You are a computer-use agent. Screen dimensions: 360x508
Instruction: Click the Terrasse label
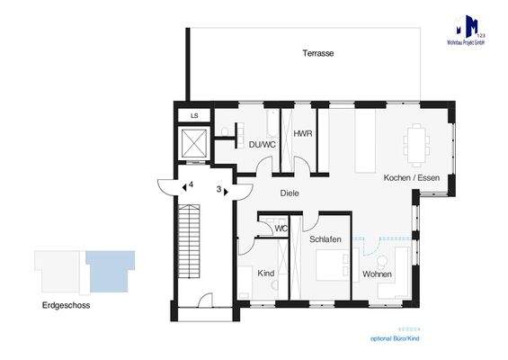(x=318, y=54)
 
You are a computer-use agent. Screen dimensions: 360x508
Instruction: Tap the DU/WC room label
(x=251, y=143)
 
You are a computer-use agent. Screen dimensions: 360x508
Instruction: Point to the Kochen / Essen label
(x=408, y=177)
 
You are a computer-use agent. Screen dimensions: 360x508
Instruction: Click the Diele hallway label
(x=289, y=193)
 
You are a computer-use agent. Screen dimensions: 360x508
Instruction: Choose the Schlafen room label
(x=325, y=240)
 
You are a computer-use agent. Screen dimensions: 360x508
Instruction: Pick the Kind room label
(x=266, y=272)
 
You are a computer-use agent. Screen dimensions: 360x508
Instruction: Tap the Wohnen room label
(x=377, y=274)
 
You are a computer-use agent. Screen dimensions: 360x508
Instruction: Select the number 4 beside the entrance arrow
(x=192, y=184)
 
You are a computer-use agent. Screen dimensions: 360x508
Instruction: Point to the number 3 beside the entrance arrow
(x=218, y=189)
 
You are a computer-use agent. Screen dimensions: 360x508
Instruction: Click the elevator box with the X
(x=194, y=143)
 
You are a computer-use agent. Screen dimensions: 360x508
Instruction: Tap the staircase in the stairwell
(x=189, y=238)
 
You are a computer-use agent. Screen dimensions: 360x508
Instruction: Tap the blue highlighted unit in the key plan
(x=110, y=268)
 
